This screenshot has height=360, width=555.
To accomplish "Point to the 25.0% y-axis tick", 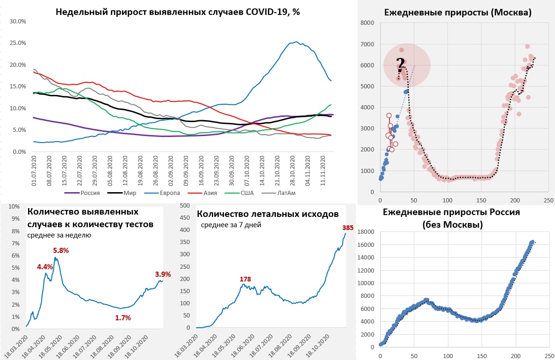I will click(x=17, y=43).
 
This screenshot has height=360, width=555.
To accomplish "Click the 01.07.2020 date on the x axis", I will click(x=34, y=172).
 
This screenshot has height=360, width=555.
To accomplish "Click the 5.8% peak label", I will click(x=61, y=251).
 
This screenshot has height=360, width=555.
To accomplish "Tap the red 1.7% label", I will click(x=123, y=318).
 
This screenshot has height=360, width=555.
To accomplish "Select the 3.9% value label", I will click(x=163, y=274).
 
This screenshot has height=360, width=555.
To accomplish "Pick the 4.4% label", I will click(x=45, y=267).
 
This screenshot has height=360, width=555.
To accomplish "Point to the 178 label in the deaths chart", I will click(x=245, y=279).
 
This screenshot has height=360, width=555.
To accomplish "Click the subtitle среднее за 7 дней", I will click(x=231, y=225).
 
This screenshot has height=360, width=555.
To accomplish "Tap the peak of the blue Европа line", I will click(x=296, y=42).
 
